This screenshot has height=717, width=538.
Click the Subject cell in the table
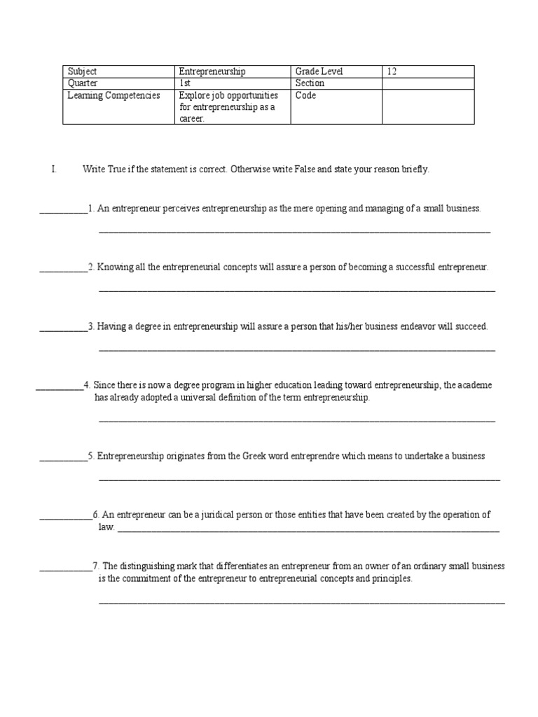(x=82, y=71)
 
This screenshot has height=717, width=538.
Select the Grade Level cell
(x=319, y=71)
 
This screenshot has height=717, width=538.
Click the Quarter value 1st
(x=186, y=83)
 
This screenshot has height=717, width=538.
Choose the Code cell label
(x=306, y=95)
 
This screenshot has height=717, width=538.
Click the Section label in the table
(x=310, y=83)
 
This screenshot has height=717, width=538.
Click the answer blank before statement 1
(x=64, y=209)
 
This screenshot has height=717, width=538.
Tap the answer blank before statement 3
(x=64, y=327)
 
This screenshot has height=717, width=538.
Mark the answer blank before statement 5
(x=64, y=457)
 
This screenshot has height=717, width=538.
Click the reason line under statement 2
(x=297, y=288)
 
